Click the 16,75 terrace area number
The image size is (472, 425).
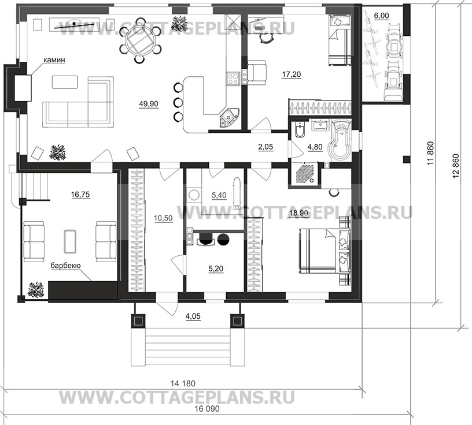tap(81, 195)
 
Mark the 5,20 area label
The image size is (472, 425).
tap(215, 270)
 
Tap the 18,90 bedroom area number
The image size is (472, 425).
tap(300, 212)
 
